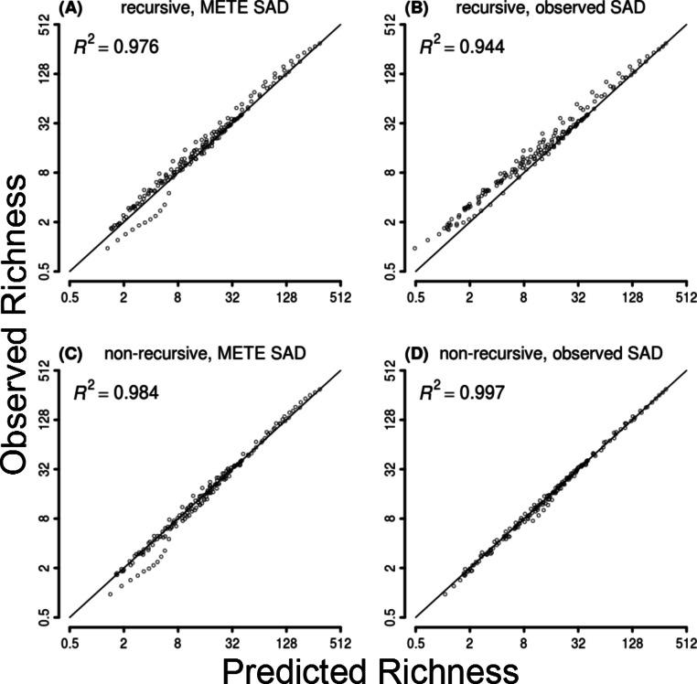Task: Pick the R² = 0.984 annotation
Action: (x=117, y=392)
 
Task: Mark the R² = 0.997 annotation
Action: (x=465, y=392)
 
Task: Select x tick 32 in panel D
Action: (x=578, y=643)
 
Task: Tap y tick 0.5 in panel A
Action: (x=42, y=270)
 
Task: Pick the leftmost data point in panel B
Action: (x=415, y=248)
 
